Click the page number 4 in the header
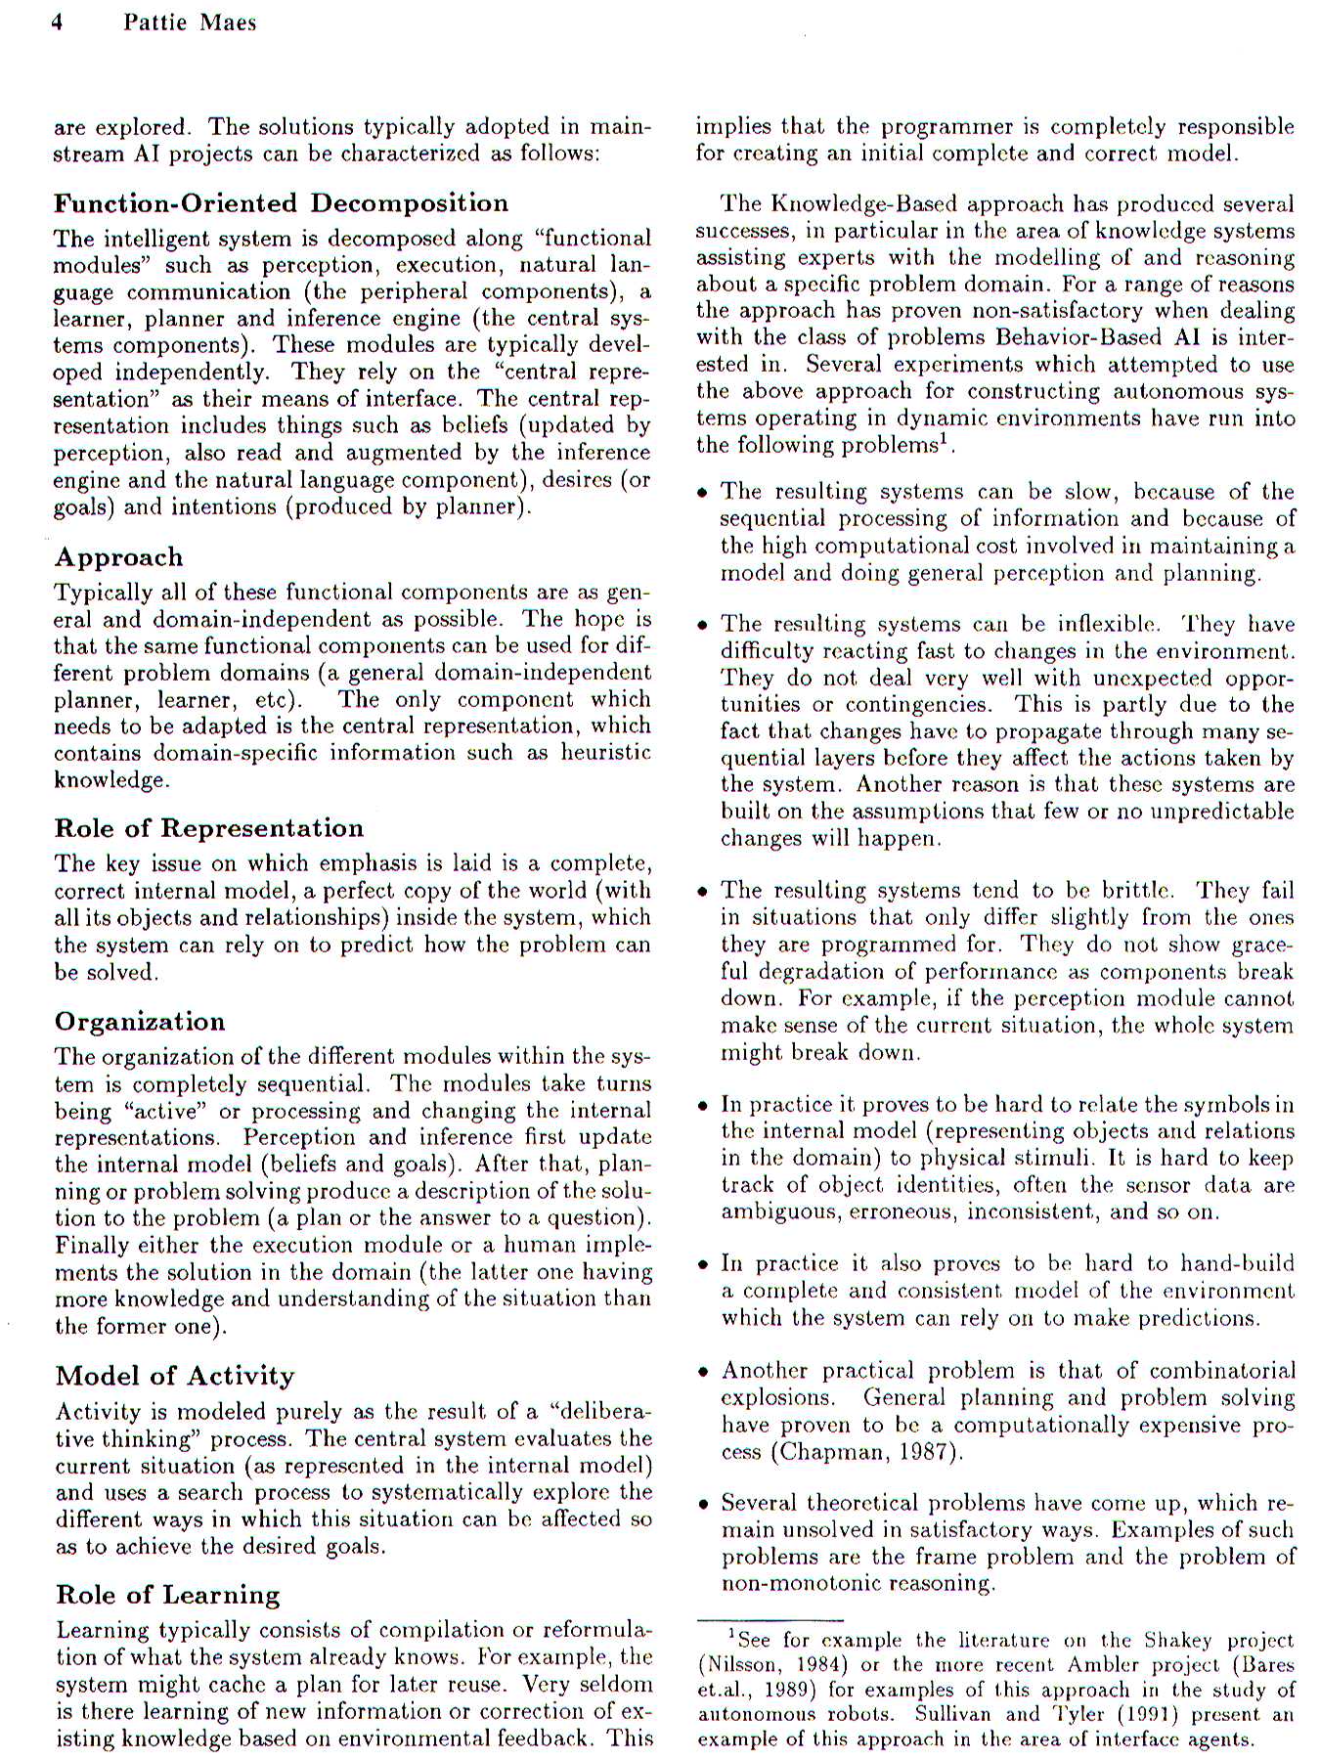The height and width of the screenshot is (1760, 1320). (57, 22)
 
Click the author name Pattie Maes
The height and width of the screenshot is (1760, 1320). (190, 22)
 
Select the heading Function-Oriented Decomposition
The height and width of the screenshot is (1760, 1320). (281, 203)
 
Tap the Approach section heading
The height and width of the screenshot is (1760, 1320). (118, 557)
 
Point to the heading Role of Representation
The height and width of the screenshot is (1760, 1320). (209, 828)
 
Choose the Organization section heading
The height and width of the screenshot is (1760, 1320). (140, 1022)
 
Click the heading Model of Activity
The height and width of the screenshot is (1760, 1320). (175, 1376)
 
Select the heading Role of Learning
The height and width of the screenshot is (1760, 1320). (168, 1595)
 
